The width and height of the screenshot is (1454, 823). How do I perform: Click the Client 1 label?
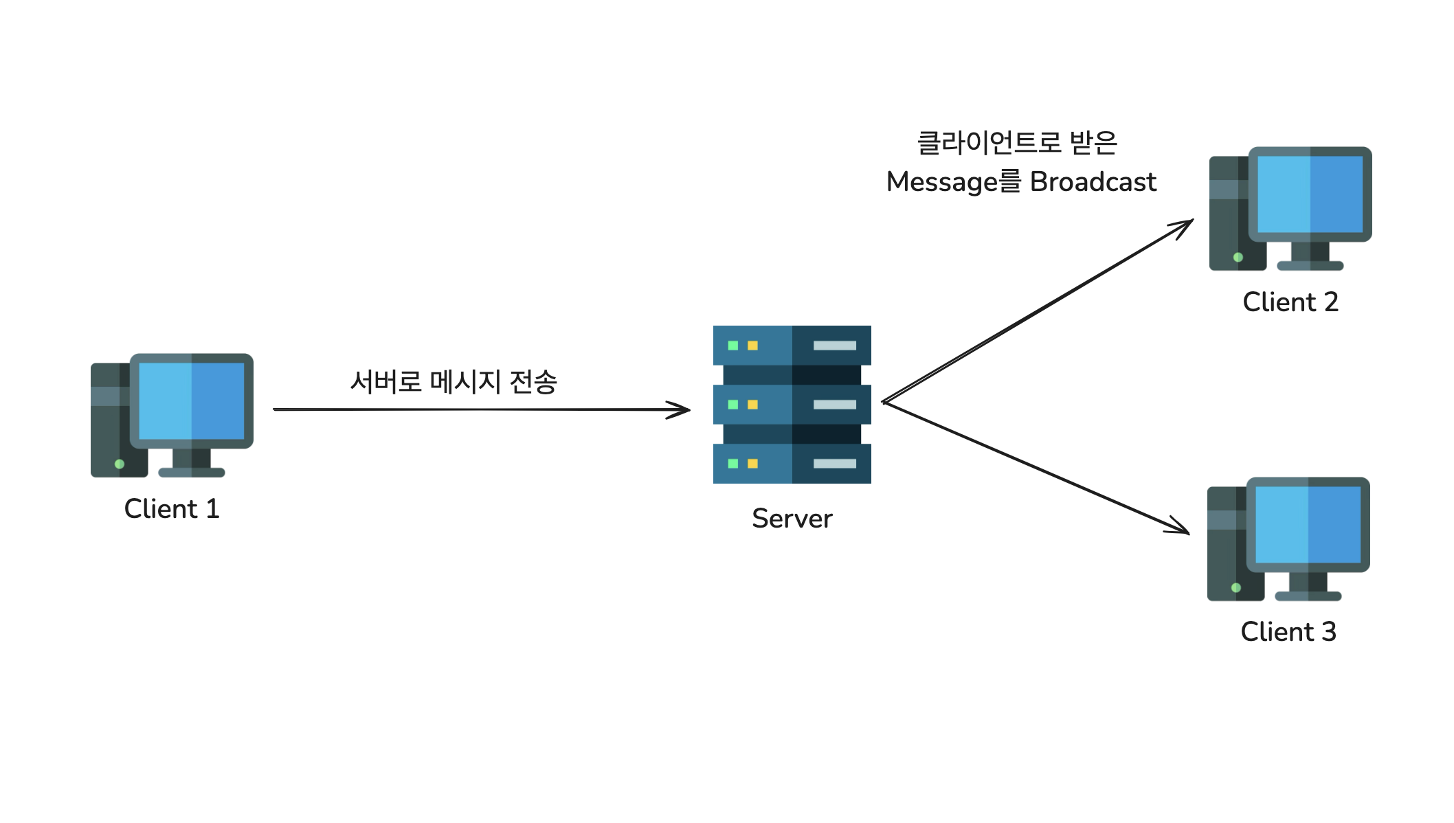coord(172,509)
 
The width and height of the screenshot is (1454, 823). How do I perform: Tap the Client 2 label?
coord(1290,302)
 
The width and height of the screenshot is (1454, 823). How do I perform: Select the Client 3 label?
coord(1288,632)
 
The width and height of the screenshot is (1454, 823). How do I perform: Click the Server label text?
coord(792,519)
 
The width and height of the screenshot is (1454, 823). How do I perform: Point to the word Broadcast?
coord(1093,182)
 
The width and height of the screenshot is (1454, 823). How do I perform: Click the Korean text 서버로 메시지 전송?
coord(454,382)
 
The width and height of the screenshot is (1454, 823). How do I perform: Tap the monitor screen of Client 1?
coord(191,401)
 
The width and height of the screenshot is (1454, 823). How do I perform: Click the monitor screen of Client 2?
coord(1310,194)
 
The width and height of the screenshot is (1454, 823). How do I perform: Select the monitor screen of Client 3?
coord(1308,525)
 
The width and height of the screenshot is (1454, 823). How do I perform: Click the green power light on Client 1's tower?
coord(120,464)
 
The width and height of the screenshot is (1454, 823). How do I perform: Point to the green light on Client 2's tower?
coord(1238,258)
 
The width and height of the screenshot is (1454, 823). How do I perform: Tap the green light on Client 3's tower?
coord(1236,587)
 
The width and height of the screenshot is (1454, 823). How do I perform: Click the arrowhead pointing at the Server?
coord(682,410)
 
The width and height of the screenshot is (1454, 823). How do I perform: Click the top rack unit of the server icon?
coord(792,345)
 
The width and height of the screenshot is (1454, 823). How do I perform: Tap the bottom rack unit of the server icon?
coord(792,464)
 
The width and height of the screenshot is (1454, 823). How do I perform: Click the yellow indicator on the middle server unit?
coord(752,405)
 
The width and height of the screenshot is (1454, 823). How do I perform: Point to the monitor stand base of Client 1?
coord(192,473)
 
